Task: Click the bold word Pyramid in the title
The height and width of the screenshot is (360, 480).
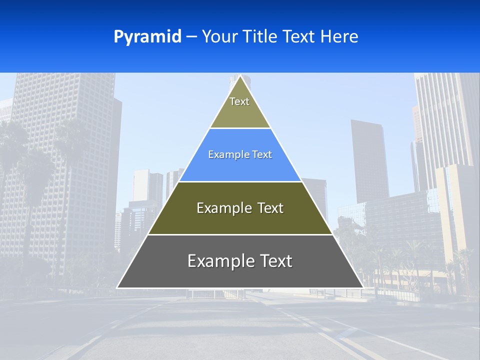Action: pyautogui.click(x=147, y=37)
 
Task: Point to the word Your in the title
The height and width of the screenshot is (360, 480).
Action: pyautogui.click(x=218, y=37)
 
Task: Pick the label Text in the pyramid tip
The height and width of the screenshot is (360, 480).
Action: pyautogui.click(x=239, y=101)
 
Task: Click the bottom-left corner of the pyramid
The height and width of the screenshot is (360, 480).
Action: pyautogui.click(x=117, y=287)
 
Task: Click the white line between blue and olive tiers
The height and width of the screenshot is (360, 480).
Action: pyautogui.click(x=240, y=181)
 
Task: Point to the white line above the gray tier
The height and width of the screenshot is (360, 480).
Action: pyautogui.click(x=240, y=234)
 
